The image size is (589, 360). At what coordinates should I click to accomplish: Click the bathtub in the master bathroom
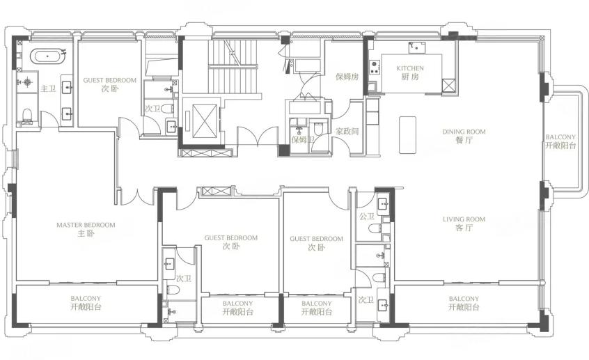point(48,56)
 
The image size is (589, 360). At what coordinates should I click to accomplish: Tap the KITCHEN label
point(410,68)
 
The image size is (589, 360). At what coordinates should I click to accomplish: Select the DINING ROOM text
point(464,132)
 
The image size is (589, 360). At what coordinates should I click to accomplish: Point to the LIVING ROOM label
point(464,219)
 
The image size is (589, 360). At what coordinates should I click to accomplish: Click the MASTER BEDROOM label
point(86,225)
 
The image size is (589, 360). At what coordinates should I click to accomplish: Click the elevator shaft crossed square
point(205,120)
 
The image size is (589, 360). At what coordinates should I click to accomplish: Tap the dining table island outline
point(407,135)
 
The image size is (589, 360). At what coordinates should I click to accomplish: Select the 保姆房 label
point(347,77)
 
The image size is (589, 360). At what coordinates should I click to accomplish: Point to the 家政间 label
point(347,132)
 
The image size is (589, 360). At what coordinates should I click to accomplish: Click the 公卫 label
point(367,217)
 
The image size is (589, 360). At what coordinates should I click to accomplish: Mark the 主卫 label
point(48,88)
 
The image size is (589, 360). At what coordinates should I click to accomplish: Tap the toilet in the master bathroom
point(26,116)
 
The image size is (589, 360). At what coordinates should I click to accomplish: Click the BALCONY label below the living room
point(464,299)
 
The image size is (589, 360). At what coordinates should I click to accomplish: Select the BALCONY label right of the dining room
point(560,137)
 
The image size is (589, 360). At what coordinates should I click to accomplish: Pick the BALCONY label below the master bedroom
point(86,298)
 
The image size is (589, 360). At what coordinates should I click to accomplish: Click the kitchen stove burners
point(374,68)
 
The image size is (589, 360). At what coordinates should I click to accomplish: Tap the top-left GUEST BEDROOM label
point(110,80)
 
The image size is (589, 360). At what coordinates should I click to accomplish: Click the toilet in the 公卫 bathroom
point(375,228)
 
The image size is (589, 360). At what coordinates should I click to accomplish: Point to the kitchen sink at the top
point(417,48)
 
